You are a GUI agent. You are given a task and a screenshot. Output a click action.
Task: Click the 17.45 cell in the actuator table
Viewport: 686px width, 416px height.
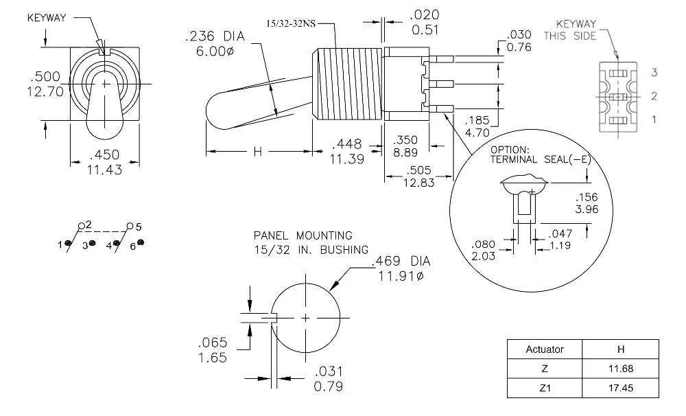[619, 388]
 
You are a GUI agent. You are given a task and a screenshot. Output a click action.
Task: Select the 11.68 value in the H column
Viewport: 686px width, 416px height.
[619, 369]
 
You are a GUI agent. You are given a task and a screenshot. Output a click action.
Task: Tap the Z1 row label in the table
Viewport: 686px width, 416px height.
[544, 388]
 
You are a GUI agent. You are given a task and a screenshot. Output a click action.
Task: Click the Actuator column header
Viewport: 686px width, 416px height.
[544, 349]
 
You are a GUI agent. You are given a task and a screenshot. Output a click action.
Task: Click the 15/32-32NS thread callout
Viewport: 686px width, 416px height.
[291, 23]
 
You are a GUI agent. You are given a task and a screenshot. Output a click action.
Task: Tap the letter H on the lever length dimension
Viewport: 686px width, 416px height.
[258, 152]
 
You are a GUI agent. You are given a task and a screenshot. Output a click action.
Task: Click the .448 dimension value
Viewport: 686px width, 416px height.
[347, 144]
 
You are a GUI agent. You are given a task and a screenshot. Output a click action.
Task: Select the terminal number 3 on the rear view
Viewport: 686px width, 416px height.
[654, 72]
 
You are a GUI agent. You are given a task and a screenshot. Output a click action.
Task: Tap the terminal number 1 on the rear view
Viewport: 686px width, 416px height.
[654, 119]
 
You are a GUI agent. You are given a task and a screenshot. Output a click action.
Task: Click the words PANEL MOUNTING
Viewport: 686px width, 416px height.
[303, 235]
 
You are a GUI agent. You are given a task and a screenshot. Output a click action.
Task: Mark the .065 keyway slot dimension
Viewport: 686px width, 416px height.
[212, 343]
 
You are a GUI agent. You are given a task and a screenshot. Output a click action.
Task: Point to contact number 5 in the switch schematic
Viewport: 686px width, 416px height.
[138, 226]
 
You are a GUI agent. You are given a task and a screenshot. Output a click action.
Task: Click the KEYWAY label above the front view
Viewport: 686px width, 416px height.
[47, 18]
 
